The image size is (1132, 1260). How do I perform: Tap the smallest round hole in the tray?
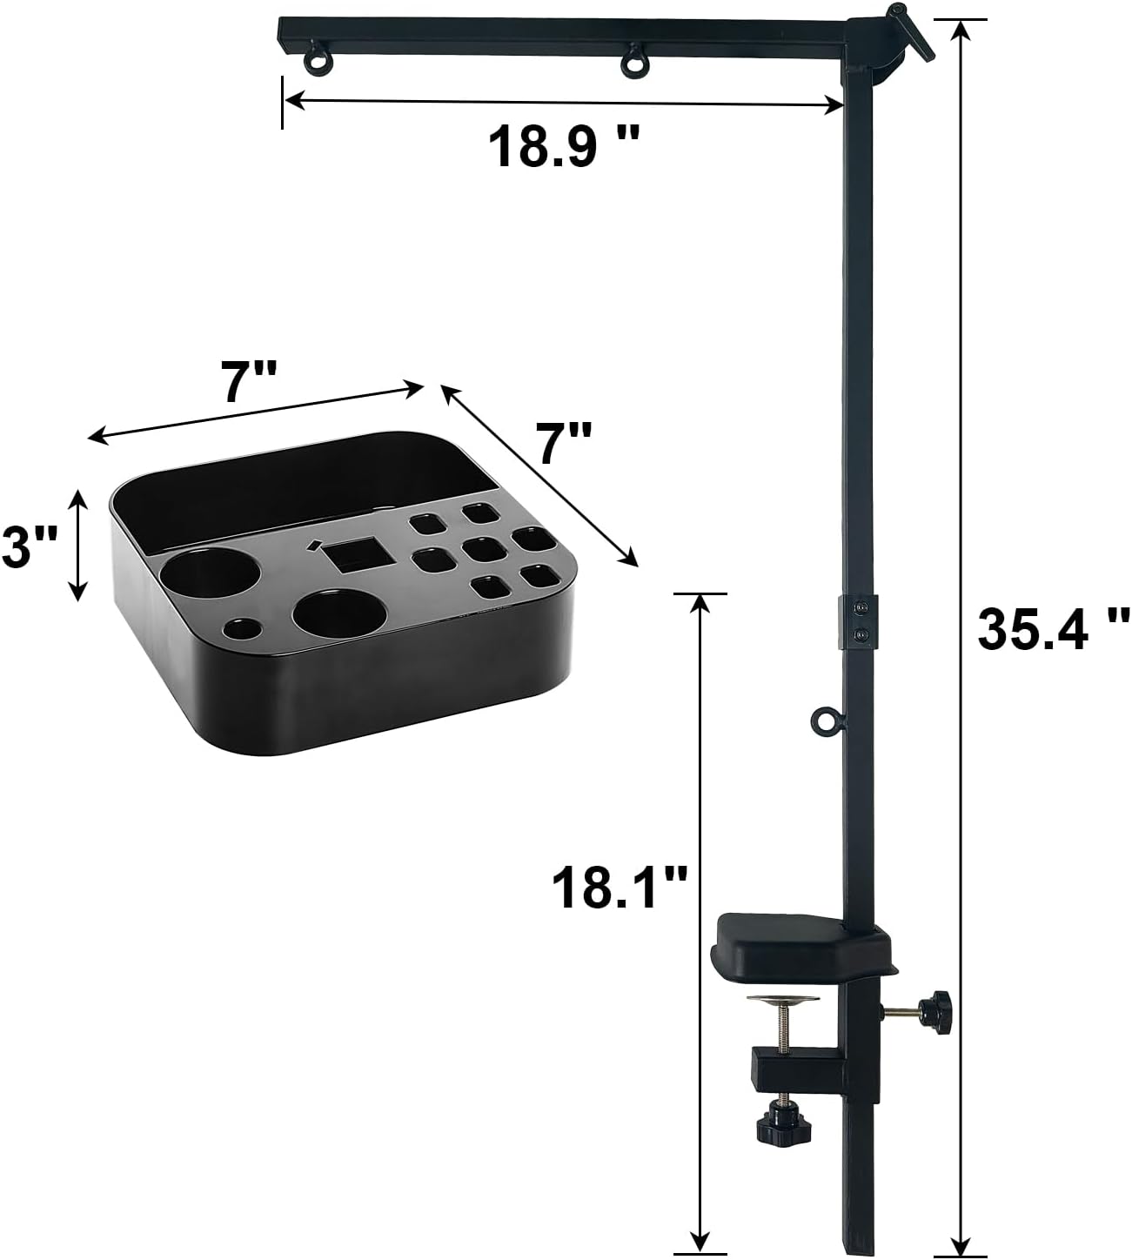[x=242, y=627]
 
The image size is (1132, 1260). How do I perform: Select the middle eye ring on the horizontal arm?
[x=633, y=63]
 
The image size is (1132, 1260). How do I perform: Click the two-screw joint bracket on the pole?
[x=859, y=622]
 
